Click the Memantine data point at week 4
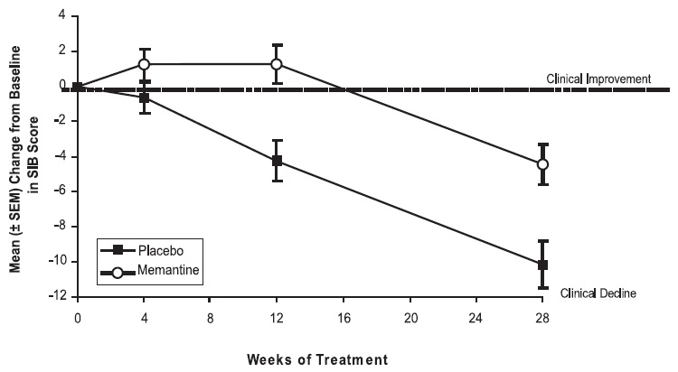coord(144,64)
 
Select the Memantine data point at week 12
coord(277,64)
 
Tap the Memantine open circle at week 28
coord(542,164)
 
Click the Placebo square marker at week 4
coord(144,97)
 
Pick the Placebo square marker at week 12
coord(277,161)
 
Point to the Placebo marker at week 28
coord(542,265)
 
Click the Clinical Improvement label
coord(598,79)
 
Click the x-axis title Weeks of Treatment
coord(317,358)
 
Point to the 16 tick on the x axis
coord(344,319)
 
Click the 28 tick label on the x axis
coord(542,319)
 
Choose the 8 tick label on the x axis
coord(211,319)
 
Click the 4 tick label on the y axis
coord(62,16)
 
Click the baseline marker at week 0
coord(78,88)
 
